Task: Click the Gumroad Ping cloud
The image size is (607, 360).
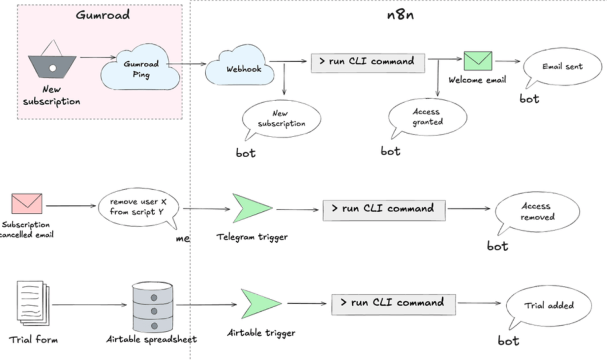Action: (x=141, y=67)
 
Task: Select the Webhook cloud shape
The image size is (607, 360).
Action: (x=239, y=66)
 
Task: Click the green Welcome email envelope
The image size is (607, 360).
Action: (x=478, y=61)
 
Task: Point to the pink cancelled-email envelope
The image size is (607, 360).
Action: (x=27, y=204)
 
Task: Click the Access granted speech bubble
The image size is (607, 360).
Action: (x=427, y=117)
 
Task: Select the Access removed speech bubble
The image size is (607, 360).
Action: (x=537, y=212)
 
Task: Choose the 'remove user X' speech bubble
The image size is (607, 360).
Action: (x=138, y=208)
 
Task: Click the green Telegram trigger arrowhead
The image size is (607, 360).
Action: (x=252, y=208)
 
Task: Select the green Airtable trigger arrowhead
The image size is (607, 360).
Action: (x=261, y=303)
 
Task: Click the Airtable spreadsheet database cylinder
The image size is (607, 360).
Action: (x=152, y=307)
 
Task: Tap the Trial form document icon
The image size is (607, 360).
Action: (x=33, y=303)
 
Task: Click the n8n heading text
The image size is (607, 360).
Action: (x=400, y=15)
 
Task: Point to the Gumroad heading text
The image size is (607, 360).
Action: (x=103, y=15)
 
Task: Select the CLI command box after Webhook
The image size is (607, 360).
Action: (x=368, y=63)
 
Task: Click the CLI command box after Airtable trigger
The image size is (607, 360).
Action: (x=393, y=304)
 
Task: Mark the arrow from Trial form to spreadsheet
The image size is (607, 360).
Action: (x=89, y=305)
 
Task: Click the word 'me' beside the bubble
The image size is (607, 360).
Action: (x=183, y=239)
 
